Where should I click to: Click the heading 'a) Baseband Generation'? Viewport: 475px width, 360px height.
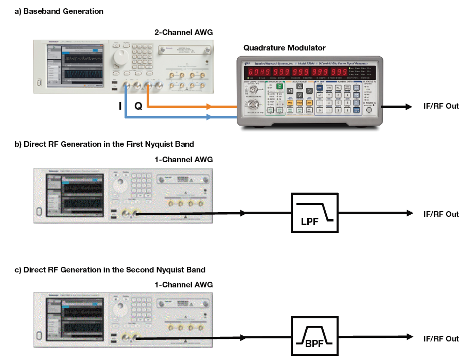coord(59,11)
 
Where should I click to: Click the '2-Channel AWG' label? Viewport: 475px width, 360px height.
coord(184,32)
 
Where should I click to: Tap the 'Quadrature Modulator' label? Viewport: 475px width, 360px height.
coord(284,48)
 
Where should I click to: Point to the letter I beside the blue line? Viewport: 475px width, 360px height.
coord(119,107)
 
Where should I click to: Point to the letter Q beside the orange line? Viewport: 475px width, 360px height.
coord(138,107)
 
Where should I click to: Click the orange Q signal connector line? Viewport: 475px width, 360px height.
coord(180,107)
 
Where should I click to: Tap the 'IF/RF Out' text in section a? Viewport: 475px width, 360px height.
coord(441,107)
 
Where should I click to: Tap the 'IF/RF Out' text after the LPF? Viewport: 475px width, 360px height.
coord(441,214)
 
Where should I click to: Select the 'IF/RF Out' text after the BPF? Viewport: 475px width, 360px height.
coord(441,338)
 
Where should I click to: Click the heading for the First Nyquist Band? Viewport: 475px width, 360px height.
coord(104,144)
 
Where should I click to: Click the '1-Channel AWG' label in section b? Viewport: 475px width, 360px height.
coord(184,160)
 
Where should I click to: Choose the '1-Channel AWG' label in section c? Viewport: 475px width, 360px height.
coord(184,285)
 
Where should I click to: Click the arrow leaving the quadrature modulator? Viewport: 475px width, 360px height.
coord(396,107)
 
